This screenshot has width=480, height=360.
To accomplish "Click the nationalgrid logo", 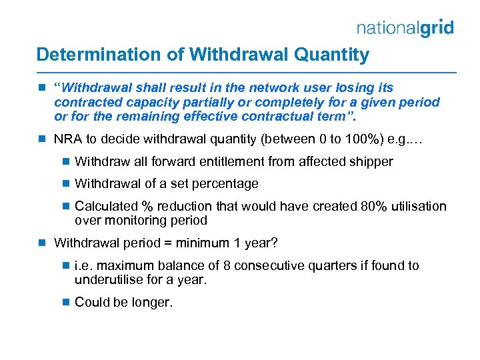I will [405, 27].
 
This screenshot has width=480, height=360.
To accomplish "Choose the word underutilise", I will [110, 280].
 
